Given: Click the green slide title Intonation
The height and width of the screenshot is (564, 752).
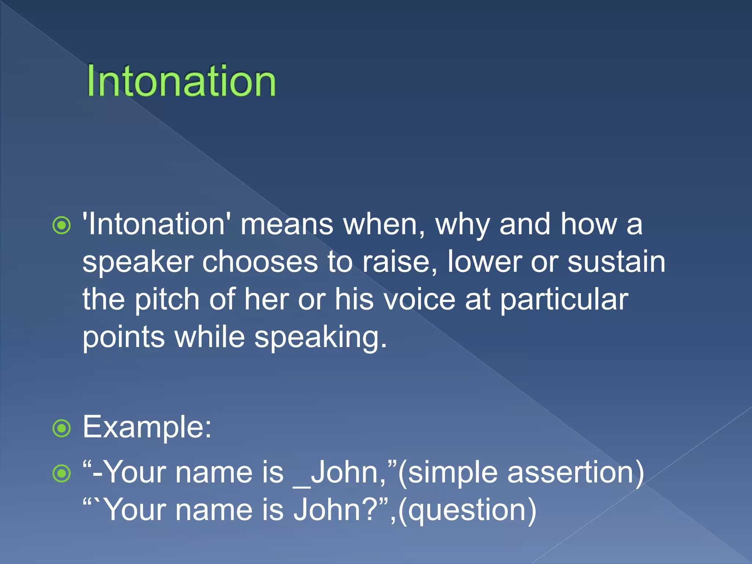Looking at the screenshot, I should point(181,81).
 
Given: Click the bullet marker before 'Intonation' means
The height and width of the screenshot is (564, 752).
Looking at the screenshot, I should point(61,225).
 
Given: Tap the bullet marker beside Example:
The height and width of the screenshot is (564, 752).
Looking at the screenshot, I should point(61,428).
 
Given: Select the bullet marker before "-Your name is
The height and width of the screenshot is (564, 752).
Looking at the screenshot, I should point(61,473).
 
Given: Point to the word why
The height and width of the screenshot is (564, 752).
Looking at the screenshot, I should point(462,225).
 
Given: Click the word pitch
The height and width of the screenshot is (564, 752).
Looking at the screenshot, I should point(167,300).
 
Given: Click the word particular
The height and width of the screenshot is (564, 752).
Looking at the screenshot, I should point(564,300).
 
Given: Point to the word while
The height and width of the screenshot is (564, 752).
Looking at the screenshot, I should point(209,337).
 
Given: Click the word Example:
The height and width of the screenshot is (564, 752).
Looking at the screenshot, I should point(147,427).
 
